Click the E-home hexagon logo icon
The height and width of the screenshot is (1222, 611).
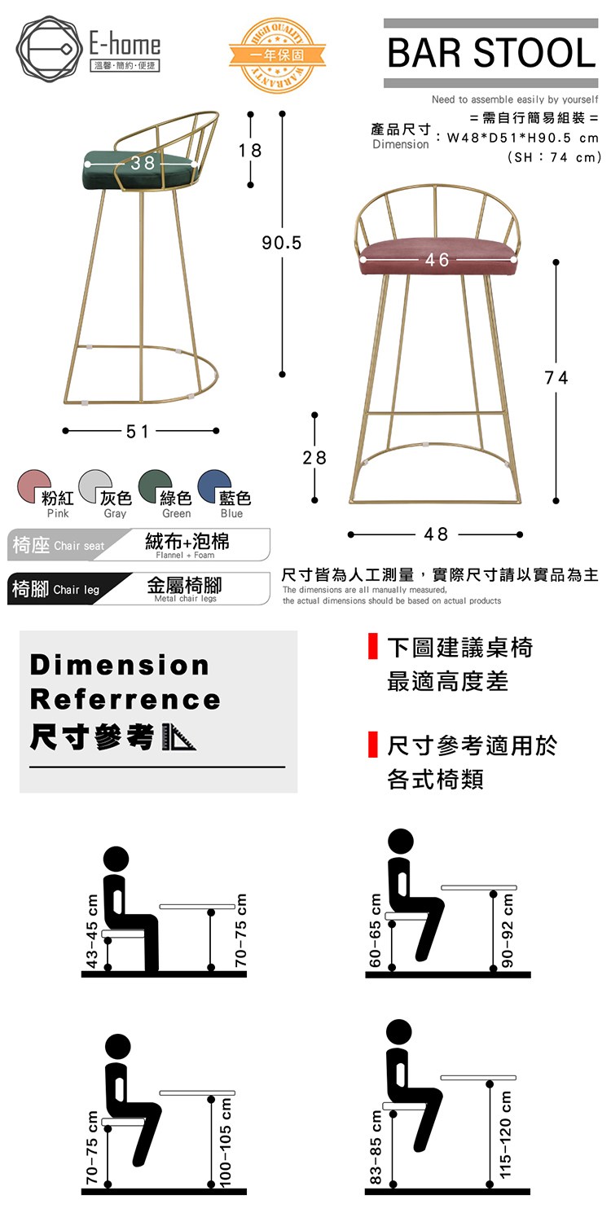click(50, 49)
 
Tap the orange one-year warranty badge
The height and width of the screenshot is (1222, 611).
click(277, 55)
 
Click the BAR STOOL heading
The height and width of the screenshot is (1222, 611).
click(491, 53)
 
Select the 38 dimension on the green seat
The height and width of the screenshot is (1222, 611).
click(143, 163)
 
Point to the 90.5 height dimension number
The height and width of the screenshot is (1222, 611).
click(282, 243)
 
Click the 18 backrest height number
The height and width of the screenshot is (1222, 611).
click(250, 151)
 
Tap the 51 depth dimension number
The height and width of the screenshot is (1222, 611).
click(137, 432)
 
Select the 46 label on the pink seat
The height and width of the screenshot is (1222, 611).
click(437, 260)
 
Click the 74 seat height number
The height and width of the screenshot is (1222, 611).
click(556, 377)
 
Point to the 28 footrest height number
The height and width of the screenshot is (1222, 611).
click(314, 457)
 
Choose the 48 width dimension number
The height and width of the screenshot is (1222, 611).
click(436, 534)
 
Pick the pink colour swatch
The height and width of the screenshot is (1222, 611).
click(34, 486)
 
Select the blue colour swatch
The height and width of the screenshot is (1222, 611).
click(213, 486)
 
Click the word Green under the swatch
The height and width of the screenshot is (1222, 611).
click(176, 513)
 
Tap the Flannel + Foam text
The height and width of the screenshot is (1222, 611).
click(185, 555)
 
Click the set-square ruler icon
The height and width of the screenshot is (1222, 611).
click(178, 736)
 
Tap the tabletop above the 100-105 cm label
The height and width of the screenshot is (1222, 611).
click(197, 1092)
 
